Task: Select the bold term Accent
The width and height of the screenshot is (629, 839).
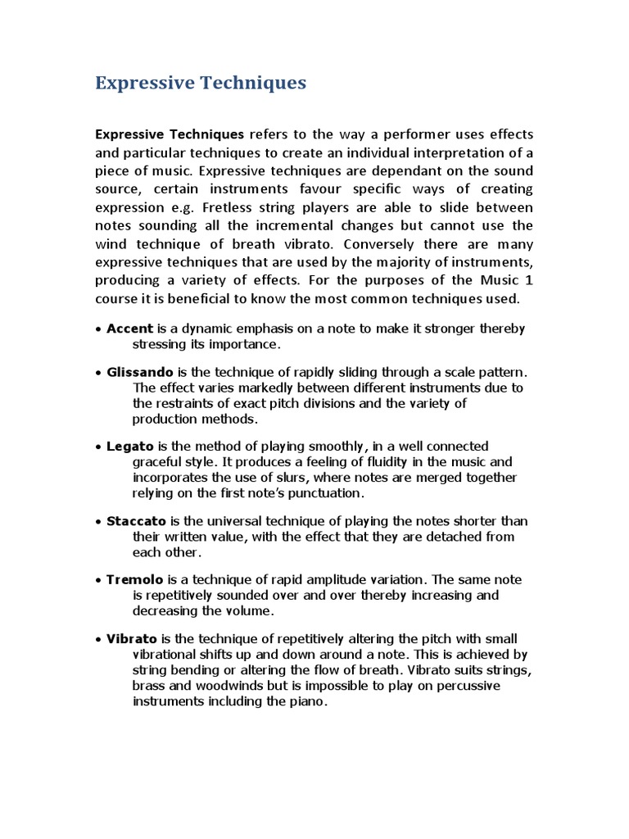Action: coord(129,329)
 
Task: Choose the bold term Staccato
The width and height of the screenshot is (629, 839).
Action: coord(136,521)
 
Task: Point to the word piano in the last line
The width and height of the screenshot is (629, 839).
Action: coord(308,701)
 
